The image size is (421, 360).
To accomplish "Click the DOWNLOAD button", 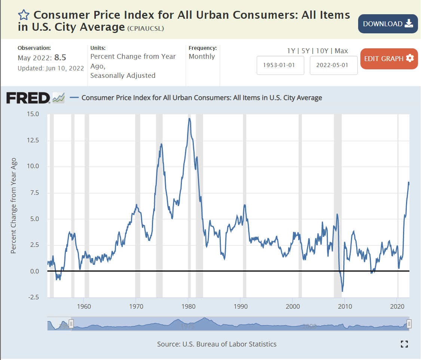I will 388,24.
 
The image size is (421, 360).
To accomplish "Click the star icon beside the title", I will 24,15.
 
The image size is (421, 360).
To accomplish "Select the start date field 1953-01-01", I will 280,65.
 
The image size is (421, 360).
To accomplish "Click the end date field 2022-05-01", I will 333,65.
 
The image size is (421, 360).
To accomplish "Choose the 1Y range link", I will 291,51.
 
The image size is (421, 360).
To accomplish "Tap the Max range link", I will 341,51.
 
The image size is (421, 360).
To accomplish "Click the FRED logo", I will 28,98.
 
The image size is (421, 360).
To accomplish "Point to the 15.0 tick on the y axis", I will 32,114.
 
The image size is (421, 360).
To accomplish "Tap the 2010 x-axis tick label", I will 345,306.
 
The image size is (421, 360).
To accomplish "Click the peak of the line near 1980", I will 189,119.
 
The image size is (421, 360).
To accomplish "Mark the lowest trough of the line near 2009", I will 342,291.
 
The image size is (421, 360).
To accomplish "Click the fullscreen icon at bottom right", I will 404,344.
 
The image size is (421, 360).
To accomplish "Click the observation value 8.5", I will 60,58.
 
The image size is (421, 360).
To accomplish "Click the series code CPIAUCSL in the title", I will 146,28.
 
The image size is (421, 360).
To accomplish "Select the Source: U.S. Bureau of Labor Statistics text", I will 217,344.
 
